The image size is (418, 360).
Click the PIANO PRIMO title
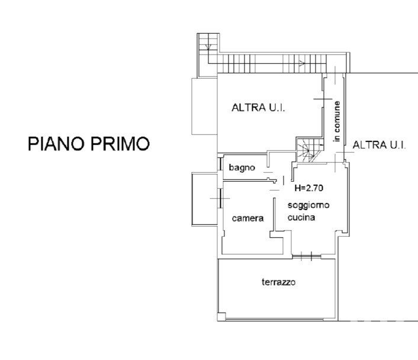point(89,144)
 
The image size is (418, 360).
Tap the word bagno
point(242,168)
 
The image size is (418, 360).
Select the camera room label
point(247,218)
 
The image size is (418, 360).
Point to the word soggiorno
point(308,205)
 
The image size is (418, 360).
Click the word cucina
point(301,217)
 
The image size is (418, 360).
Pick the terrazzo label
point(279,282)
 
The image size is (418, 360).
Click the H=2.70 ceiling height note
point(308,188)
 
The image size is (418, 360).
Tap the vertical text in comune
point(337,121)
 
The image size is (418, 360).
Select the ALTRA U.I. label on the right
point(379,145)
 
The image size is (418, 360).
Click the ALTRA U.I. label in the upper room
point(258,108)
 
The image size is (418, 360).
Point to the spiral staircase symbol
point(309,150)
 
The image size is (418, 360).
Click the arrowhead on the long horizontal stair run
point(302,63)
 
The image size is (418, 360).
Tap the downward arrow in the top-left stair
point(208,47)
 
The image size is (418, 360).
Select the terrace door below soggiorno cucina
point(307,256)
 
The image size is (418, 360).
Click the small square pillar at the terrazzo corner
point(221,317)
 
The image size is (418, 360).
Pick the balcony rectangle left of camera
point(205,200)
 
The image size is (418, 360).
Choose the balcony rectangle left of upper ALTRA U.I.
point(204,106)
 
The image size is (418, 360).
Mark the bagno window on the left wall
point(220,164)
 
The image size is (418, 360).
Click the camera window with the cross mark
point(220,198)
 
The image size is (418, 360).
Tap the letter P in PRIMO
point(96,144)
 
